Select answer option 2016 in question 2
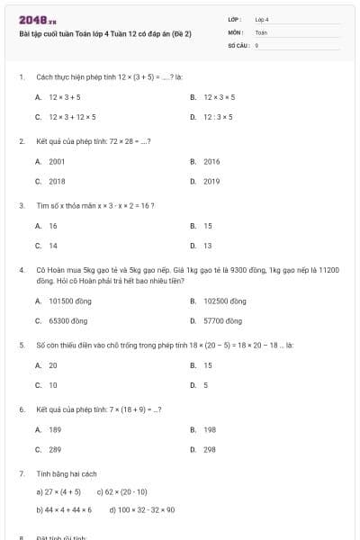pyautogui.click(x=211, y=161)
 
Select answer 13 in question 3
pyautogui.click(x=207, y=246)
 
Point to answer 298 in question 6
pyautogui.click(x=209, y=449)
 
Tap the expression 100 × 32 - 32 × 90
pyautogui.click(x=141, y=510)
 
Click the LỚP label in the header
pyautogui.click(x=235, y=18)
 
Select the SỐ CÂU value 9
pyautogui.click(x=257, y=43)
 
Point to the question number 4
pyautogui.click(x=21, y=269)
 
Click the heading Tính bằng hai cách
pyautogui.click(x=67, y=473)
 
